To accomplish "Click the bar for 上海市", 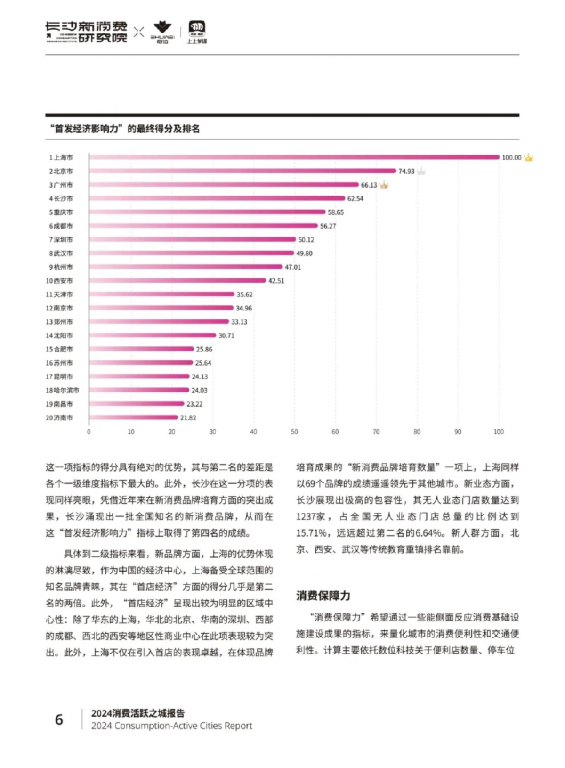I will pos(294,157).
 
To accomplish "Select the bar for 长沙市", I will pos(217,198).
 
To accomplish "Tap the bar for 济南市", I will pos(133,417).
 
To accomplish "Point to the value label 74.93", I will pos(406,171).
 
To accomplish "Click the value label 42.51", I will pos(276,281).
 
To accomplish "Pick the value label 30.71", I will pos(226,335).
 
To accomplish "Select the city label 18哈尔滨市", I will pos(62,390).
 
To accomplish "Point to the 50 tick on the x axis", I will pos(294,432).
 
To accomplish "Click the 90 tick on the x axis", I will pos(458,432).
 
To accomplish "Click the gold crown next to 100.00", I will pos(529,157).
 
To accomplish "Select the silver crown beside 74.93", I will pos(421,171).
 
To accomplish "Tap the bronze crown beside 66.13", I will pos(384,185).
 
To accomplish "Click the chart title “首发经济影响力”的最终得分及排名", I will pos(125,129).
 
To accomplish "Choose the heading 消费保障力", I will pos(323,596).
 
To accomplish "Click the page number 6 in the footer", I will pos(59,719).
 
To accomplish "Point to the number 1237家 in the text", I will pos(311,516).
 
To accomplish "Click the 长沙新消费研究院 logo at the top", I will pos(86,32).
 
